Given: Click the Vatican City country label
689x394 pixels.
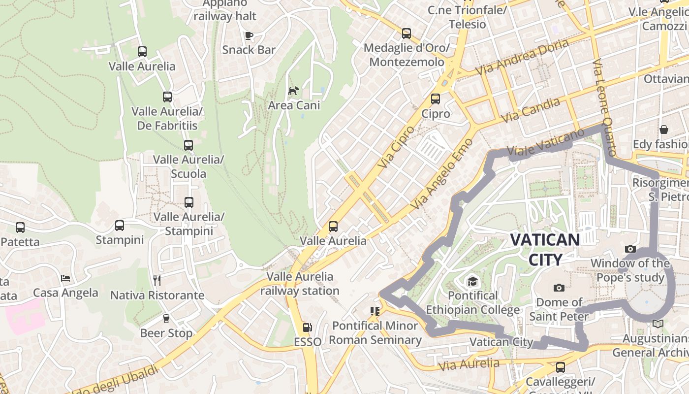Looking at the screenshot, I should (545, 249).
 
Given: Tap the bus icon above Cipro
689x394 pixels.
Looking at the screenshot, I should (436, 99).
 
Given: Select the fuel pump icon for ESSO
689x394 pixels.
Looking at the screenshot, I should (307, 327).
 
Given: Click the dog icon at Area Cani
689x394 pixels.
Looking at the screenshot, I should (294, 91).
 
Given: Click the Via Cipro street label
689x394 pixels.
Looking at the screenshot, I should (397, 146).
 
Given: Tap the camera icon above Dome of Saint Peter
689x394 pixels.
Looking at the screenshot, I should (559, 288).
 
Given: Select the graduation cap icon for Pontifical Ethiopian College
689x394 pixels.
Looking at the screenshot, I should (472, 281).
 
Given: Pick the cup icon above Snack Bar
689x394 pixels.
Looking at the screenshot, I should (249, 35).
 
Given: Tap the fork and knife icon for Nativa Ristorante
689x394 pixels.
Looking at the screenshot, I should (157, 281).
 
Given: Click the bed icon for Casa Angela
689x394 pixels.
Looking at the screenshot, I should (65, 278).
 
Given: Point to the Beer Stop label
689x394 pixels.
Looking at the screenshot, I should (166, 333).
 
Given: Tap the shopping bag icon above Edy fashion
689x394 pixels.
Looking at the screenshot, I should (664, 130).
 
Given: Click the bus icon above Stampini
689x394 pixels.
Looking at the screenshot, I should (120, 226).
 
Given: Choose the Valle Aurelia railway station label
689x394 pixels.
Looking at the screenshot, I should (300, 284).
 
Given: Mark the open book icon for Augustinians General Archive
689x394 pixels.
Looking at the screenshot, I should (658, 324).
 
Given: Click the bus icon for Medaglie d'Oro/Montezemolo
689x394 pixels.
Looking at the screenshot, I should (407, 33).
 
